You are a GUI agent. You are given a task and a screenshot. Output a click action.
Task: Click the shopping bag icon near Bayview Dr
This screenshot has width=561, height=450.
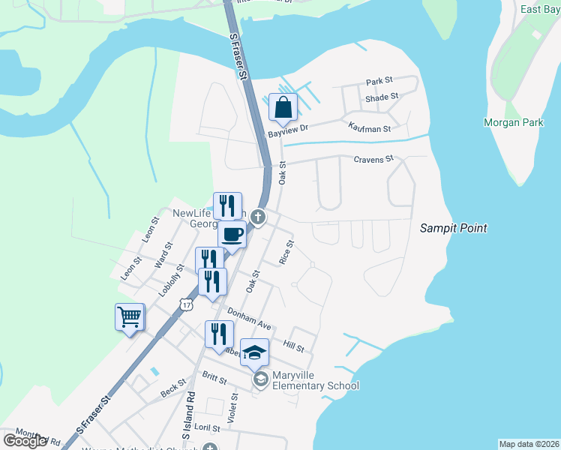pyautogui.click(x=283, y=107)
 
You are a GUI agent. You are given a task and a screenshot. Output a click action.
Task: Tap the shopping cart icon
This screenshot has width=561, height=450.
pyautogui.click(x=129, y=317)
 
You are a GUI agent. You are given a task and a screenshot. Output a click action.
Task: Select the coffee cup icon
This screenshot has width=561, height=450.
pyautogui.click(x=232, y=235)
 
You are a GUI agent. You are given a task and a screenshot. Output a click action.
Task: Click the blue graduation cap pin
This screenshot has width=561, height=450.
pyautogui.click(x=255, y=352)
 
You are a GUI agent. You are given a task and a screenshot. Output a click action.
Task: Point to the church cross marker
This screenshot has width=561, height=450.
pyautogui.click(x=259, y=217)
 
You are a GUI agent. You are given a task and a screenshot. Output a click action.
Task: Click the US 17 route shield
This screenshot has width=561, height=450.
pyautogui.click(x=185, y=303)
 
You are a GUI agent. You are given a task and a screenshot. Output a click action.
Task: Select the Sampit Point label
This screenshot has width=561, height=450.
pyautogui.click(x=453, y=228)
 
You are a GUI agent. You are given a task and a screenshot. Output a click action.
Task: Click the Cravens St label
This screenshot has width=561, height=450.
pyautogui.click(x=373, y=159)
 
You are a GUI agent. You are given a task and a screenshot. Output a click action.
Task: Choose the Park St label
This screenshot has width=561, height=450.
pyautogui.click(x=379, y=81)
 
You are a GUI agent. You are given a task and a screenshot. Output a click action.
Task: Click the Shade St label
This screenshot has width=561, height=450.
pyautogui.click(x=382, y=97)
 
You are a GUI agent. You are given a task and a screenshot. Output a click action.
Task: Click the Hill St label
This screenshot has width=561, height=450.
pyautogui.click(x=293, y=344)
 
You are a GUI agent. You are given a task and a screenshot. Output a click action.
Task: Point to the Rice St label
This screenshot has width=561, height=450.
pyautogui.click(x=286, y=252)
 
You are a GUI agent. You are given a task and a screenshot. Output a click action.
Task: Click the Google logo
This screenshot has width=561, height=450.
pyautogui.click(x=25, y=441)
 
